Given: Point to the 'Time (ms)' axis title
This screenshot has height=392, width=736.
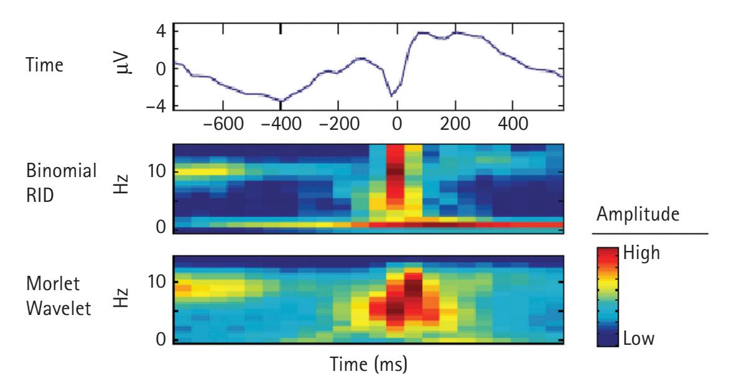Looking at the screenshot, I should (x=368, y=362).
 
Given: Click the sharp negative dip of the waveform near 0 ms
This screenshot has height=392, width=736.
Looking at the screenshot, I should (x=391, y=96).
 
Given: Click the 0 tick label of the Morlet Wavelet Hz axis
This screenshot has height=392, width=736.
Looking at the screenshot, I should (x=160, y=339).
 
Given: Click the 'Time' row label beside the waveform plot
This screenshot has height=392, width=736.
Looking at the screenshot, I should (x=47, y=66).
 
